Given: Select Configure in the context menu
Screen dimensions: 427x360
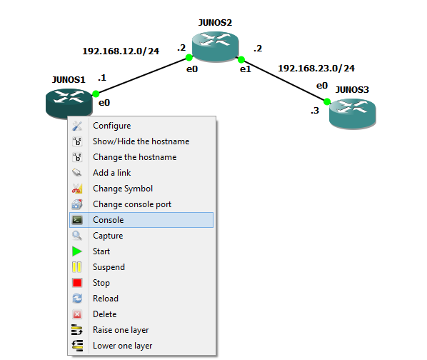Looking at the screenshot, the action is point(111,126).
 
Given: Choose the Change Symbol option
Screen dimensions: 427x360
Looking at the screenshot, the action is point(123,189).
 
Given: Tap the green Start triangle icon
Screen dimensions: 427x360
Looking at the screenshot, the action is point(77,251).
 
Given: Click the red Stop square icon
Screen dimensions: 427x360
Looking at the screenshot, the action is point(77,283).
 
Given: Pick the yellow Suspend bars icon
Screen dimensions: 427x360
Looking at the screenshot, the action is point(77,267).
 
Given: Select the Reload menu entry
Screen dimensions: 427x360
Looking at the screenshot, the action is point(106,299).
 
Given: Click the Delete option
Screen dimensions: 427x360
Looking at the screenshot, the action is point(104,314).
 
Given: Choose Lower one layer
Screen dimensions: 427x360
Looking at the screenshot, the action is point(122,346).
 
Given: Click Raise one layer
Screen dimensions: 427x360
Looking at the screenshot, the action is point(121,330).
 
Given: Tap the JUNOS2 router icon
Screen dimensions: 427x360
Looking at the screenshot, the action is point(215,46).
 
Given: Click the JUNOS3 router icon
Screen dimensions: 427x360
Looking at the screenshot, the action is point(353,114).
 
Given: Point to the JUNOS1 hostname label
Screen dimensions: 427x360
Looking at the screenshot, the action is point(69,80).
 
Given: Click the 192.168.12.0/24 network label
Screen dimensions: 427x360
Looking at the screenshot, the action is point(121,51).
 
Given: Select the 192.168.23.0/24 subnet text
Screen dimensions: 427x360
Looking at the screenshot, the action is point(316,68).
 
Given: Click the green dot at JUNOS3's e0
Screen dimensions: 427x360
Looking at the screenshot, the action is point(327,102).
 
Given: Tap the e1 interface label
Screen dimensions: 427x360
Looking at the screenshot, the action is point(246,69).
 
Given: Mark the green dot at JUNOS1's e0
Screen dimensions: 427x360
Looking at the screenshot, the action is point(96,94).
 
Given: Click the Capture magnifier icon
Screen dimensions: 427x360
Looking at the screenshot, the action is point(77,236).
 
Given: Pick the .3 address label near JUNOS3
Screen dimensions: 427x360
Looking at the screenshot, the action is point(315,111).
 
